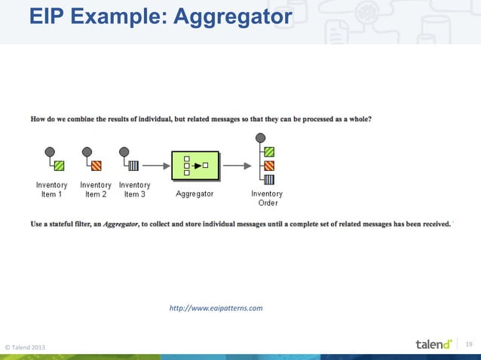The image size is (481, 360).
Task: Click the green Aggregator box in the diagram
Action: coord(195,165)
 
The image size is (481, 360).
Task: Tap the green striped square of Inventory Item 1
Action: coord(59,166)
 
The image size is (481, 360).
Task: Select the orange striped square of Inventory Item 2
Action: coord(97,166)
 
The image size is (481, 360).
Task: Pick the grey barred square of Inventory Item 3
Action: coord(133,166)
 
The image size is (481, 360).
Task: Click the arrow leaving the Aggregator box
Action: coord(237,165)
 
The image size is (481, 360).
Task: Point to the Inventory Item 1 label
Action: coord(52,190)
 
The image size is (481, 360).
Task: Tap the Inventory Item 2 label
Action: coord(96,190)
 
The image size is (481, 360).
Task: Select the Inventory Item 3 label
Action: coord(134,190)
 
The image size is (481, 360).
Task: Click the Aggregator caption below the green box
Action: coord(195,194)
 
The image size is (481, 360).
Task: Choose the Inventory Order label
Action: coord(267,198)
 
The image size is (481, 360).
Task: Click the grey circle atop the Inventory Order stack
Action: coord(260,138)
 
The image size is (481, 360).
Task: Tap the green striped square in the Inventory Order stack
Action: coord(269,151)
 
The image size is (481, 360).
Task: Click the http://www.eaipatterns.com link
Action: coord(216,308)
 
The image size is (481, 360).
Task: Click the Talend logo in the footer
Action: coord(434,344)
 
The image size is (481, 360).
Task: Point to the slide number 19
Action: coord(468,344)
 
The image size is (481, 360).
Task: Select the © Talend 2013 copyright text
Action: coord(25,346)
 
